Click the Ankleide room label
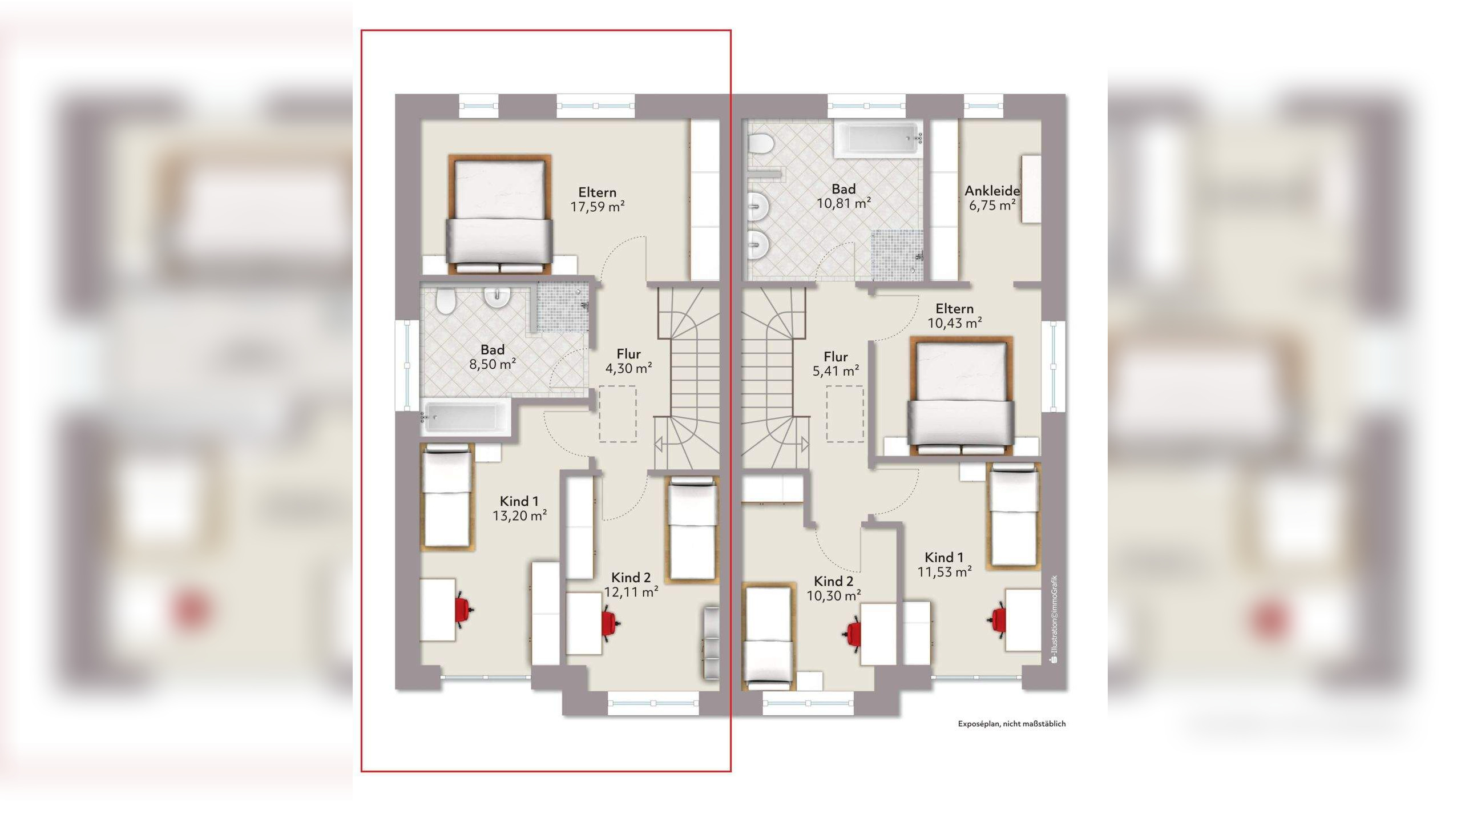tap(992, 191)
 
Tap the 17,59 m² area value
tap(598, 206)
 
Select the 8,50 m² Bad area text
tap(493, 364)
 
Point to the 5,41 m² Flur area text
tap(836, 371)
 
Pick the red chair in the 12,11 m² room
tap(611, 623)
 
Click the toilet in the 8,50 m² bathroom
tap(445, 300)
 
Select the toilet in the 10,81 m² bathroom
tap(760, 143)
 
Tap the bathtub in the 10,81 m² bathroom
tap(879, 139)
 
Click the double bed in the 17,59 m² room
tap(500, 214)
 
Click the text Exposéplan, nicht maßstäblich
tap(1012, 724)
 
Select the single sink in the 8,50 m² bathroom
tap(497, 296)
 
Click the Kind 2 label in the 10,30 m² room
tap(833, 581)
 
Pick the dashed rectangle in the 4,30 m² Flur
tap(618, 414)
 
